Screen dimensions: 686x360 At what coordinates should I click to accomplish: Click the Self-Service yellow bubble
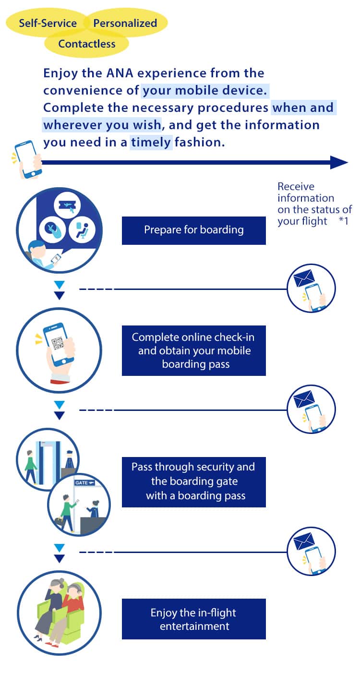48,23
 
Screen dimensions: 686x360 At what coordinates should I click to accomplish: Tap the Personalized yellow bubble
125,23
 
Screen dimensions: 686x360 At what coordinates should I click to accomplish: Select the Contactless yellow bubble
87,44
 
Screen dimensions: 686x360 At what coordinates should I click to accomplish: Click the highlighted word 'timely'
151,143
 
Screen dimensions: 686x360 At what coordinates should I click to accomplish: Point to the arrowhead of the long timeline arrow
339,162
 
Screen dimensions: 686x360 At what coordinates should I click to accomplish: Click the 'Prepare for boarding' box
193,230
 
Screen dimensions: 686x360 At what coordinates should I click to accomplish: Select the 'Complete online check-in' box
193,350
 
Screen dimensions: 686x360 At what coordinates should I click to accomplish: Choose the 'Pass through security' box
193,481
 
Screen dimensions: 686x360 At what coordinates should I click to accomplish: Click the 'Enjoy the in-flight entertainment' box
193,619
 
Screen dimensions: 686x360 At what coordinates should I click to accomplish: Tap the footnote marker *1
343,221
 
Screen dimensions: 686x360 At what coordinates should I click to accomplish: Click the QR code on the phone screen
59,342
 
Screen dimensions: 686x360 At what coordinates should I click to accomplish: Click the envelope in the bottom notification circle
304,542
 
